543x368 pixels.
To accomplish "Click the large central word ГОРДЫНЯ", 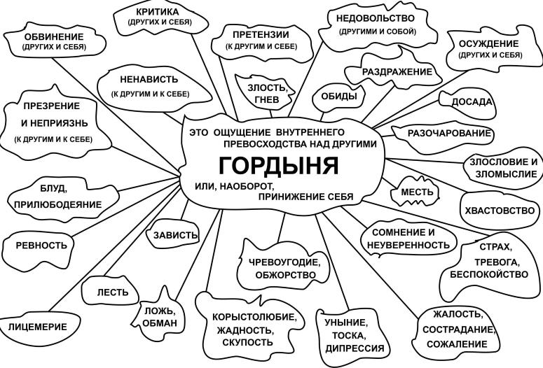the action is (279, 165).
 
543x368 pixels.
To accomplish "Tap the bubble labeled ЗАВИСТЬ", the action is (173, 234).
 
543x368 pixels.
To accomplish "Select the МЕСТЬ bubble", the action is (415, 192).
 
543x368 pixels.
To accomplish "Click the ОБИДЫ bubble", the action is (338, 97).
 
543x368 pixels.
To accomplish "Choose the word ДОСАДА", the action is (472, 101).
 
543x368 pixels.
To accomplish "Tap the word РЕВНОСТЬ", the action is (41, 246).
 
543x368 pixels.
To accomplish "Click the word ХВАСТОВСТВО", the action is (500, 211).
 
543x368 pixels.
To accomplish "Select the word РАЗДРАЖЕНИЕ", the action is (397, 71).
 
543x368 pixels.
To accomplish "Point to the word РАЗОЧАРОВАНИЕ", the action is (450, 133).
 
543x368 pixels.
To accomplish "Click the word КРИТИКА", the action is (158, 12).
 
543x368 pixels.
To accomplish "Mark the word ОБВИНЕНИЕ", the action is (54, 36).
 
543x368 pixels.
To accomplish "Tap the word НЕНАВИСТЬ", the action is (149, 79).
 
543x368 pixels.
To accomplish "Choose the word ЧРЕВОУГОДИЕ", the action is (284, 262).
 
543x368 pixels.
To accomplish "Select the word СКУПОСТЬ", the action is (247, 342).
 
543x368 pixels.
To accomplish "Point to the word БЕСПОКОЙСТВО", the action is (489, 274).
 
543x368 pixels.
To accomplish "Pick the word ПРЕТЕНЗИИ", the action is (261, 34).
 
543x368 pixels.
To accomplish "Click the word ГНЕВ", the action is (267, 99).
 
